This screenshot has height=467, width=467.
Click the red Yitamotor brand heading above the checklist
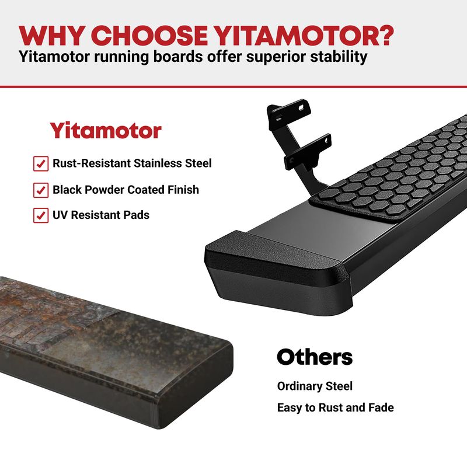106,131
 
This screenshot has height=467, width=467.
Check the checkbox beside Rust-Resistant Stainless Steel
41,163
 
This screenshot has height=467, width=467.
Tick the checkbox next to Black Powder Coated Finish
41,190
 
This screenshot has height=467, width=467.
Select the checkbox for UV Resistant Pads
41,215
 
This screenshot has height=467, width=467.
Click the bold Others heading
315,357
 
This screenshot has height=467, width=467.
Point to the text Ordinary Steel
315,386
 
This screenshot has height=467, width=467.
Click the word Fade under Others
381,407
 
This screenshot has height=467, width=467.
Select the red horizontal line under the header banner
233,86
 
